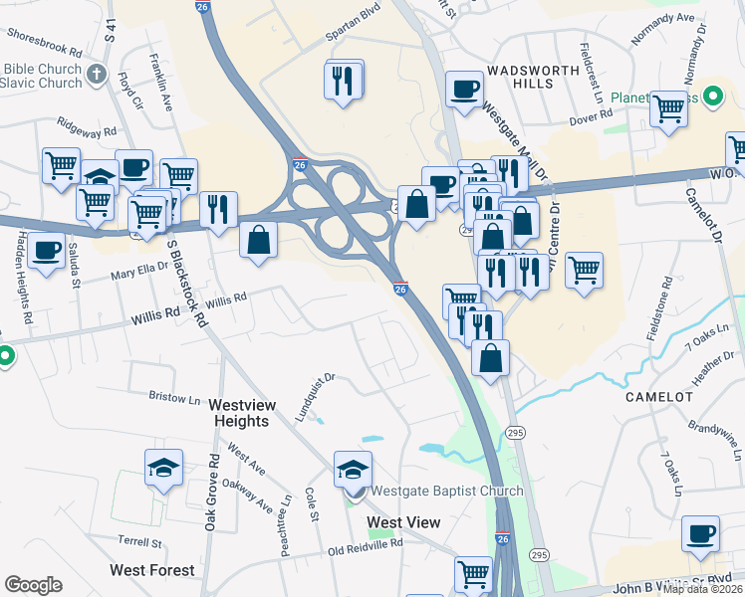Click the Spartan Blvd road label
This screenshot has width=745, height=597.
(x=354, y=33)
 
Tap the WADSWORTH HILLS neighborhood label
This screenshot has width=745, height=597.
(x=519, y=78)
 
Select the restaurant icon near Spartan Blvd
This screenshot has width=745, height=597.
(x=343, y=81)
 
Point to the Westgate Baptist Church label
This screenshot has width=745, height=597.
(x=446, y=491)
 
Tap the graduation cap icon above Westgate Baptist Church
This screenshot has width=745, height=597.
(x=353, y=470)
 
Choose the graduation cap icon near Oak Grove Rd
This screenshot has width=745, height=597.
(x=164, y=468)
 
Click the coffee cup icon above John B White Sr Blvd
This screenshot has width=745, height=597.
(x=700, y=534)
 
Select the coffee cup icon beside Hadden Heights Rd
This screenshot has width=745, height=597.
(x=45, y=252)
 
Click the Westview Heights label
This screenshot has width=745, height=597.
(x=239, y=413)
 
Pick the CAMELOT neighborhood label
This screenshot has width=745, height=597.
(x=658, y=396)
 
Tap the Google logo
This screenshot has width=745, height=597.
(x=33, y=584)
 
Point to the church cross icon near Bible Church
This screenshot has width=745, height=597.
(x=96, y=74)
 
